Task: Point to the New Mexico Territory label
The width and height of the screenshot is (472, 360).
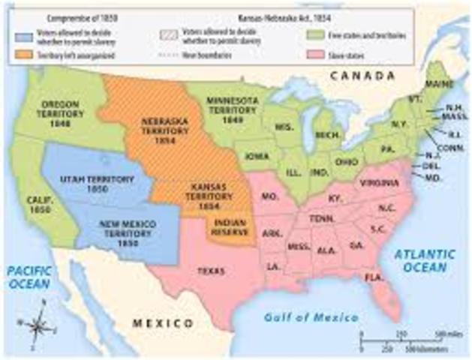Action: coord(120,229)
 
